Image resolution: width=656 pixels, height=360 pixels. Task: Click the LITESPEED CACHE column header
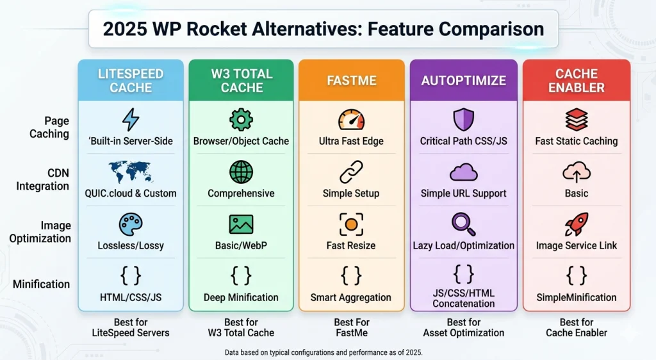point(131,81)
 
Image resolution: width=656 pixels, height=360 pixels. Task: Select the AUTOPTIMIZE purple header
point(463,81)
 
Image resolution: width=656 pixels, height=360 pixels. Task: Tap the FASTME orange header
point(351,81)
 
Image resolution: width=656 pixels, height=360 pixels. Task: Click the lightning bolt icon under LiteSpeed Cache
point(131,120)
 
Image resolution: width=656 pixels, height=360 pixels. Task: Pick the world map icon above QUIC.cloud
point(131,172)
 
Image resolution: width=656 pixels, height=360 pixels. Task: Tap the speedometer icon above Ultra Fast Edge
point(351,120)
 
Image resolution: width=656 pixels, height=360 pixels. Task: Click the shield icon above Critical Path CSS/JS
point(463,120)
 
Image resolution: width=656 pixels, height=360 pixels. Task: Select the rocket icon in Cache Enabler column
point(577,224)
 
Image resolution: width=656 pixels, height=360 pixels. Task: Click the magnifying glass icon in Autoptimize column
point(463,224)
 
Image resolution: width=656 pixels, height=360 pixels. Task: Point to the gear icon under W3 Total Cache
point(241,120)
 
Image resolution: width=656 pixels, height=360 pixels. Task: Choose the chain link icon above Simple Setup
point(351,172)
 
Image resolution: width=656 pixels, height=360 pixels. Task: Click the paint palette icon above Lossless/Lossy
point(131,224)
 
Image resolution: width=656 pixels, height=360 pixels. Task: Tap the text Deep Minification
point(241,297)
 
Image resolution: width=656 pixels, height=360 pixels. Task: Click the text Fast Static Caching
point(577,141)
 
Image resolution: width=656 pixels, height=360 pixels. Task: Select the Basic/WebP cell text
point(241,245)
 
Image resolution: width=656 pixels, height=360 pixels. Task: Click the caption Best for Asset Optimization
point(463,327)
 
